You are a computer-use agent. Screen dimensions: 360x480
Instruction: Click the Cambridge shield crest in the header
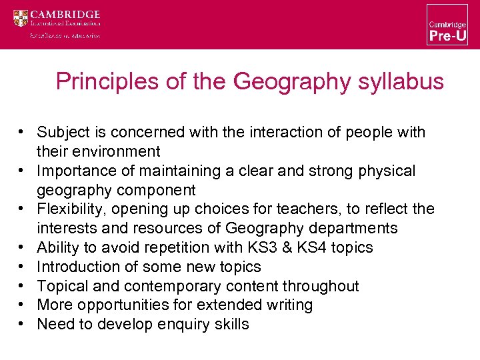[21, 18]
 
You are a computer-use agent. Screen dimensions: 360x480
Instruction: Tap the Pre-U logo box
[447, 25]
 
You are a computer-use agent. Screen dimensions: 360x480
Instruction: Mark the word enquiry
[180, 325]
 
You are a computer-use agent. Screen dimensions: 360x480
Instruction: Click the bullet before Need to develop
[22, 324]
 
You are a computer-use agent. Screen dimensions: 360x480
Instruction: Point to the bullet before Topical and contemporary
[22, 285]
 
